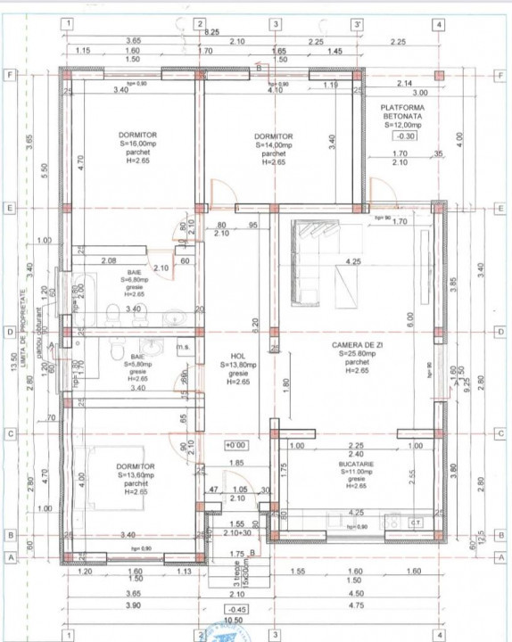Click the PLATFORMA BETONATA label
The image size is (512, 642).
pyautogui.click(x=406, y=110)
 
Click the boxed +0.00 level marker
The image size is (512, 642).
pyautogui.click(x=235, y=444)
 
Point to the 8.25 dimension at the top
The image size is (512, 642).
pyautogui.click(x=213, y=31)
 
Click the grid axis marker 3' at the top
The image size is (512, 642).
pyautogui.click(x=356, y=24)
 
